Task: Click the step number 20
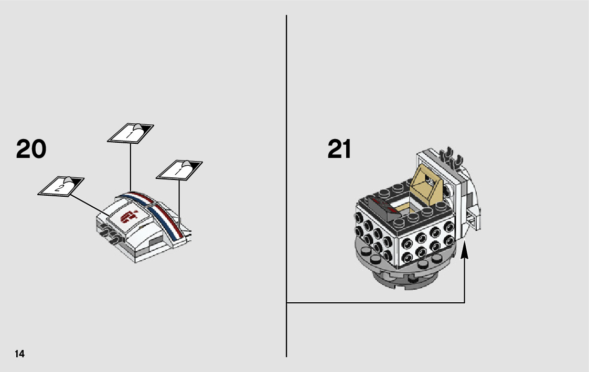[x=31, y=150]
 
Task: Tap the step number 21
[x=339, y=150]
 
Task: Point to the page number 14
[x=19, y=354]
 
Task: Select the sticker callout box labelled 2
[x=61, y=186]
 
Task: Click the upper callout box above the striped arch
[x=131, y=132]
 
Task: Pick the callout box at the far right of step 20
[x=179, y=169]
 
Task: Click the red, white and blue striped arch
[x=157, y=212]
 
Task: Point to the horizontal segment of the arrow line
[x=375, y=303]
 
